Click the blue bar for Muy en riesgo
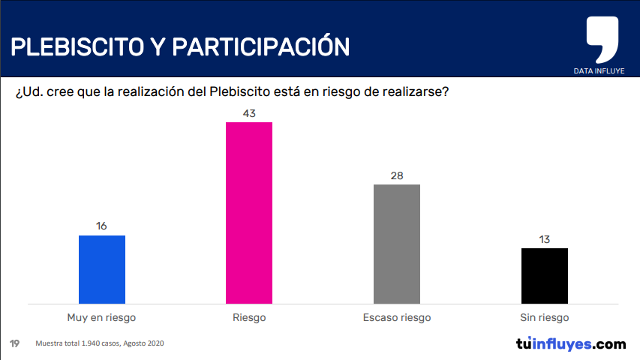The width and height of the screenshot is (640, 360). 102,269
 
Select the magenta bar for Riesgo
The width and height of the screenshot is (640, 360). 249,212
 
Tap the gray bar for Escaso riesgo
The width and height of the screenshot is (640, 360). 397,244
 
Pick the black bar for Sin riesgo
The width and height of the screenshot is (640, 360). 545,275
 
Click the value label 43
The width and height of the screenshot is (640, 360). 249,113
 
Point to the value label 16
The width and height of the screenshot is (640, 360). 102,226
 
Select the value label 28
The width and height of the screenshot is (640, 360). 397,175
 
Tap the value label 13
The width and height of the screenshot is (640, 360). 545,239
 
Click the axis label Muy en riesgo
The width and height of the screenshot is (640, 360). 102,317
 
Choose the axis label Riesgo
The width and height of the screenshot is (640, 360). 249,317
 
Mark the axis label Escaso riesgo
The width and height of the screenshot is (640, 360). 397,317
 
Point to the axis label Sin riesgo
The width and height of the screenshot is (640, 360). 545,317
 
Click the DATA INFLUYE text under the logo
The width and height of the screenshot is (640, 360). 599,71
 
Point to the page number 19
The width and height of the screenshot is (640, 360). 14,343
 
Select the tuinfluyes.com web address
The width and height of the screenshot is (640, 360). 570,344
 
